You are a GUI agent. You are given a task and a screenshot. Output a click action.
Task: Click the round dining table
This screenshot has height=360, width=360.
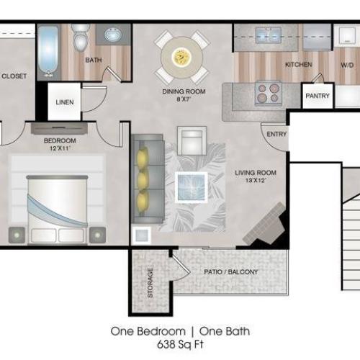point(181,55)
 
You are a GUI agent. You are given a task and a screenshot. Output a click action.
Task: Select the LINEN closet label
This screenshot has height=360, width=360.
point(64,102)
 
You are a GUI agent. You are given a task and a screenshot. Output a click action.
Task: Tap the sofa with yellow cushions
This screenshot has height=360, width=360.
point(142,177)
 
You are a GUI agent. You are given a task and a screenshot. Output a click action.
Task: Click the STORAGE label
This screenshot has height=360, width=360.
point(150,283)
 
